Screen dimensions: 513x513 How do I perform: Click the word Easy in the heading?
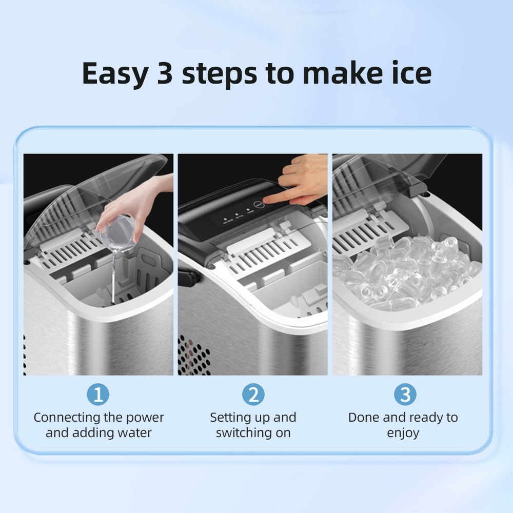point(114,73)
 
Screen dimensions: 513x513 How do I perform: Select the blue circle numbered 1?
point(98,395)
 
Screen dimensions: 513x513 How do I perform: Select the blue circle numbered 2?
point(253,395)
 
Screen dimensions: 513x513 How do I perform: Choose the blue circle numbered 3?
point(405,395)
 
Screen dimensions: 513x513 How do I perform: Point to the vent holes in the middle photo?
point(193,354)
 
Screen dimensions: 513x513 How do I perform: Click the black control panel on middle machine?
point(226,215)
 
